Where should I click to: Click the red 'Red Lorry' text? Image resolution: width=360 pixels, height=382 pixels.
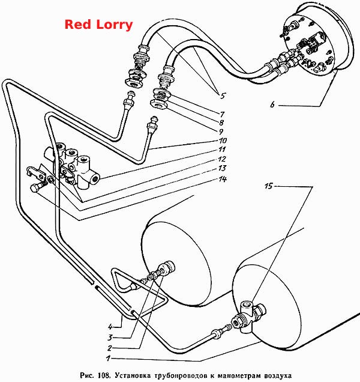98,25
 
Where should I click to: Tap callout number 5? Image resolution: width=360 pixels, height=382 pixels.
223,95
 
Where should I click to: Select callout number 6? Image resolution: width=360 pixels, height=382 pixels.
272,105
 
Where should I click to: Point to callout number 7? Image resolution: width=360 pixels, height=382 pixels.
222,114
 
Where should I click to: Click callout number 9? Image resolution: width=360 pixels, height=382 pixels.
221,132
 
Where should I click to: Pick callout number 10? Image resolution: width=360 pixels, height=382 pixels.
223,141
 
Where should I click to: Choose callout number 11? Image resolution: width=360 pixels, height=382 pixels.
222,149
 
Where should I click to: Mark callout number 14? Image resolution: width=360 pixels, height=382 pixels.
223,180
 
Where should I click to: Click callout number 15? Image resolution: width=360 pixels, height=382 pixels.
269,186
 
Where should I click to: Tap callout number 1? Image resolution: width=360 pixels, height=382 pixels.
108,359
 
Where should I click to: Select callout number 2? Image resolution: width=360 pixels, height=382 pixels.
110,348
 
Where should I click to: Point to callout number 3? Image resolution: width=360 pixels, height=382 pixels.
110,338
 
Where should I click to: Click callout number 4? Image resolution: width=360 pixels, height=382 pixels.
110,327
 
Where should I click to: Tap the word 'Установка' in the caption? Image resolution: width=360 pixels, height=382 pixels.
133,375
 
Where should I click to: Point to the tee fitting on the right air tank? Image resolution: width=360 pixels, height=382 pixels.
248,317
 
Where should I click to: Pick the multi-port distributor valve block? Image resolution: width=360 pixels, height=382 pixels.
73,165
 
